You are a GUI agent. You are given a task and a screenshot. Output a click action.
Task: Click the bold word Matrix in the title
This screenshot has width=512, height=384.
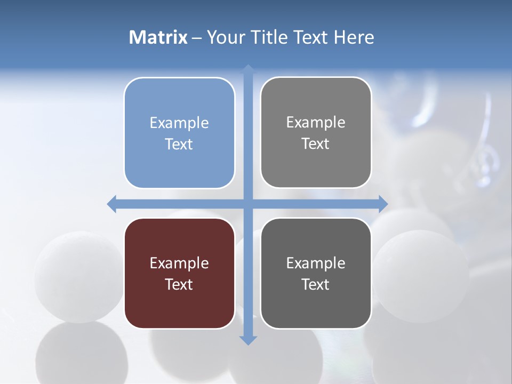click(158, 37)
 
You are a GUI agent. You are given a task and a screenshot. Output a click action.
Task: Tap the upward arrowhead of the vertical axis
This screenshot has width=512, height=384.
click(248, 70)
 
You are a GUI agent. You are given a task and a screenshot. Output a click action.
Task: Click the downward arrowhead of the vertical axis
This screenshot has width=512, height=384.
click(248, 339)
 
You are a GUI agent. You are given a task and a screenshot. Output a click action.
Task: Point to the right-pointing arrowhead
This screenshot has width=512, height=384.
click(382, 204)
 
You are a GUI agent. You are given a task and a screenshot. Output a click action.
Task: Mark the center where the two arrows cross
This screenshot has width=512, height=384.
click(248, 204)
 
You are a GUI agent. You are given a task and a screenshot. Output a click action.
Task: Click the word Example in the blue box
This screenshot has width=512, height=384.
click(179, 123)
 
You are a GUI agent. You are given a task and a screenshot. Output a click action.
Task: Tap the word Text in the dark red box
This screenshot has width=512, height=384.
click(179, 284)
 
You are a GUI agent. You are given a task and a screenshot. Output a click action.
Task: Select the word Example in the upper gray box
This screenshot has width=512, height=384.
click(316, 122)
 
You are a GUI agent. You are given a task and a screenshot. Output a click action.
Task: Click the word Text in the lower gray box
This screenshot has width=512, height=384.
click(316, 284)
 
